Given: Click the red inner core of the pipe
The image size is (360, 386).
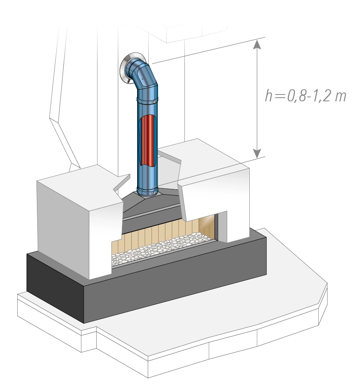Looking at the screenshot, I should [149, 140].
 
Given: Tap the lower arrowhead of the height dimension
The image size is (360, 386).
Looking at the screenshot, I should [257, 153].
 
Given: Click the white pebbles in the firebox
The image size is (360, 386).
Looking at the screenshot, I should [160, 250].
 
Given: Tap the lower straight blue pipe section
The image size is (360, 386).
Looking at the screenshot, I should [148, 176].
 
